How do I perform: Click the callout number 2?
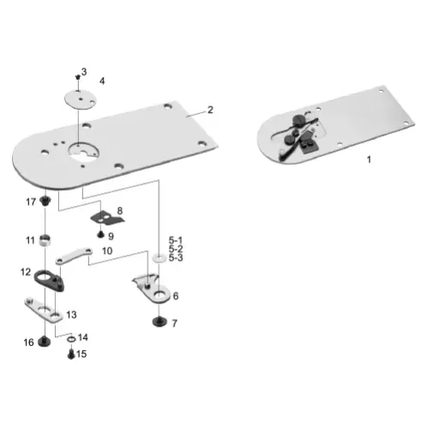coord(210,111)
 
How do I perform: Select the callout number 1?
coord(370,160)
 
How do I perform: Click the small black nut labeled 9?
coord(100,233)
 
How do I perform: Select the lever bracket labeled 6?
coord(148,288)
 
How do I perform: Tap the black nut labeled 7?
coord(157,322)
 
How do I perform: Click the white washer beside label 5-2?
coord(159,257)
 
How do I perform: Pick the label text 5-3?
coord(176,257)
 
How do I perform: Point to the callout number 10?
coord(107,251)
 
